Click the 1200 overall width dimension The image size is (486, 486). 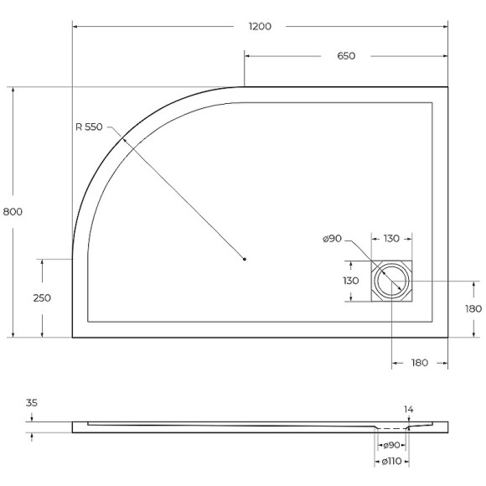(260, 26)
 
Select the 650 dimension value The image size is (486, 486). (346, 56)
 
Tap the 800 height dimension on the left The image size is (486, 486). (13, 211)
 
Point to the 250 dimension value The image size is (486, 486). (42, 298)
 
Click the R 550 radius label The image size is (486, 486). (88, 127)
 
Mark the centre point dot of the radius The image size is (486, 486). (245, 259)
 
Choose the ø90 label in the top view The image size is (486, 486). (333, 240)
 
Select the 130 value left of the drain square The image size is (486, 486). (351, 282)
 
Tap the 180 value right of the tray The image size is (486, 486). (473, 308)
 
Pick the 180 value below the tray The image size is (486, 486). (420, 363)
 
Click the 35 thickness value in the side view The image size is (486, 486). (32, 403)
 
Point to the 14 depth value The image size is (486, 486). (409, 410)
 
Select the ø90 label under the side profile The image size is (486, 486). (390, 445)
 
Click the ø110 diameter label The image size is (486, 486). (393, 462)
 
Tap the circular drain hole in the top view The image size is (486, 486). (391, 282)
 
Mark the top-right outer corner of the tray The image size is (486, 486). (447, 86)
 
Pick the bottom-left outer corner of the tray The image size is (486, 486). (73, 337)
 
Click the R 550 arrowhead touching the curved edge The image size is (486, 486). (122, 140)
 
